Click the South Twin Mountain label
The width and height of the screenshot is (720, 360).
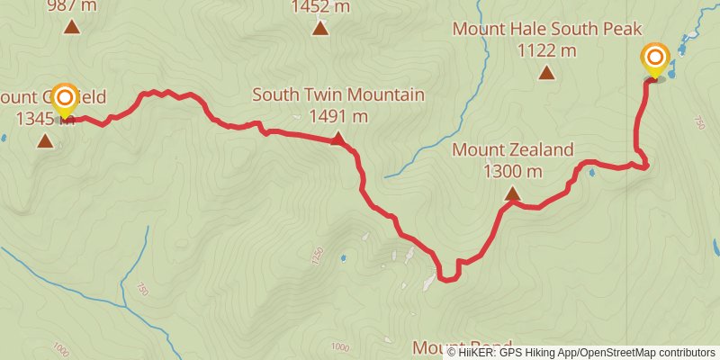pos(337,94)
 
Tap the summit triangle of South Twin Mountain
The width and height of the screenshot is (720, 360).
pos(337,139)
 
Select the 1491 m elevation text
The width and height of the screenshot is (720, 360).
pos(337,116)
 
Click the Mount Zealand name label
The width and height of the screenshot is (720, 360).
pos(512,149)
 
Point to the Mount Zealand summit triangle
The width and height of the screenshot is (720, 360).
pos(512,193)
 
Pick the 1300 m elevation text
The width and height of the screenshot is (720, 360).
pos(512,170)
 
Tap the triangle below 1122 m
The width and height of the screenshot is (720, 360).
pos(545,73)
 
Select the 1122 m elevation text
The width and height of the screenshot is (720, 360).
pos(545,50)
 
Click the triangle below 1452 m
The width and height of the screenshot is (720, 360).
pos(319,29)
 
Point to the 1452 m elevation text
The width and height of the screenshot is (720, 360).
pos(319,8)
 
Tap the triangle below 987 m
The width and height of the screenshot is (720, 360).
pos(71,27)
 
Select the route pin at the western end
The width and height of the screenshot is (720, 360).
pos(65,100)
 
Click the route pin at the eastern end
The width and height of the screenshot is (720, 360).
pos(655,60)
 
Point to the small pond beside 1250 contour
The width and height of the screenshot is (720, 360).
pos(343,259)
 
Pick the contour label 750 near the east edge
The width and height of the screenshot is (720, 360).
pos(699,122)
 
